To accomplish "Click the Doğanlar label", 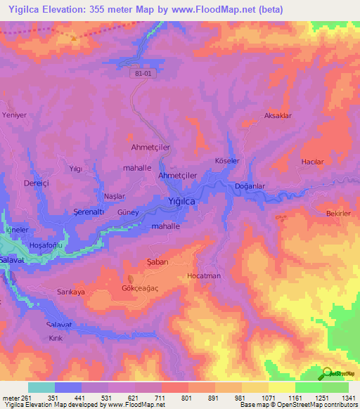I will [249, 186].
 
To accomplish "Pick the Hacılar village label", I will [311, 162].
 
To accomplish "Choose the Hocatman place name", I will [204, 276].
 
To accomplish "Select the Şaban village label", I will [156, 261].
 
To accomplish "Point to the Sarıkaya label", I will [70, 291].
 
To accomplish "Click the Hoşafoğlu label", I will [46, 245].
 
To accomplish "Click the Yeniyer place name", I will [14, 114].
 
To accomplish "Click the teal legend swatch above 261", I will [41, 387].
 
